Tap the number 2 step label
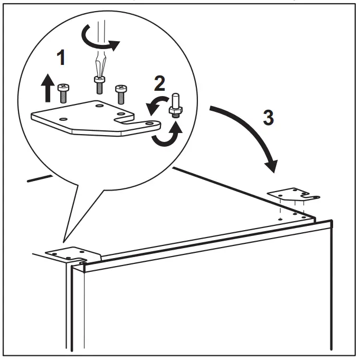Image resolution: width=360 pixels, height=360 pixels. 158,83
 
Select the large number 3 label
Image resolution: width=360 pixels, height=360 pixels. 268,117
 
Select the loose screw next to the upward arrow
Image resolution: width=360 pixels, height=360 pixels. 63,93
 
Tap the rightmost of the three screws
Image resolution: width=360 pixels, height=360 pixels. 121,93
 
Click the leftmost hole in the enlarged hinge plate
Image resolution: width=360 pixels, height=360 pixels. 62,119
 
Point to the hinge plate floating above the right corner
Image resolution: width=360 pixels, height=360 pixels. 293,194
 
